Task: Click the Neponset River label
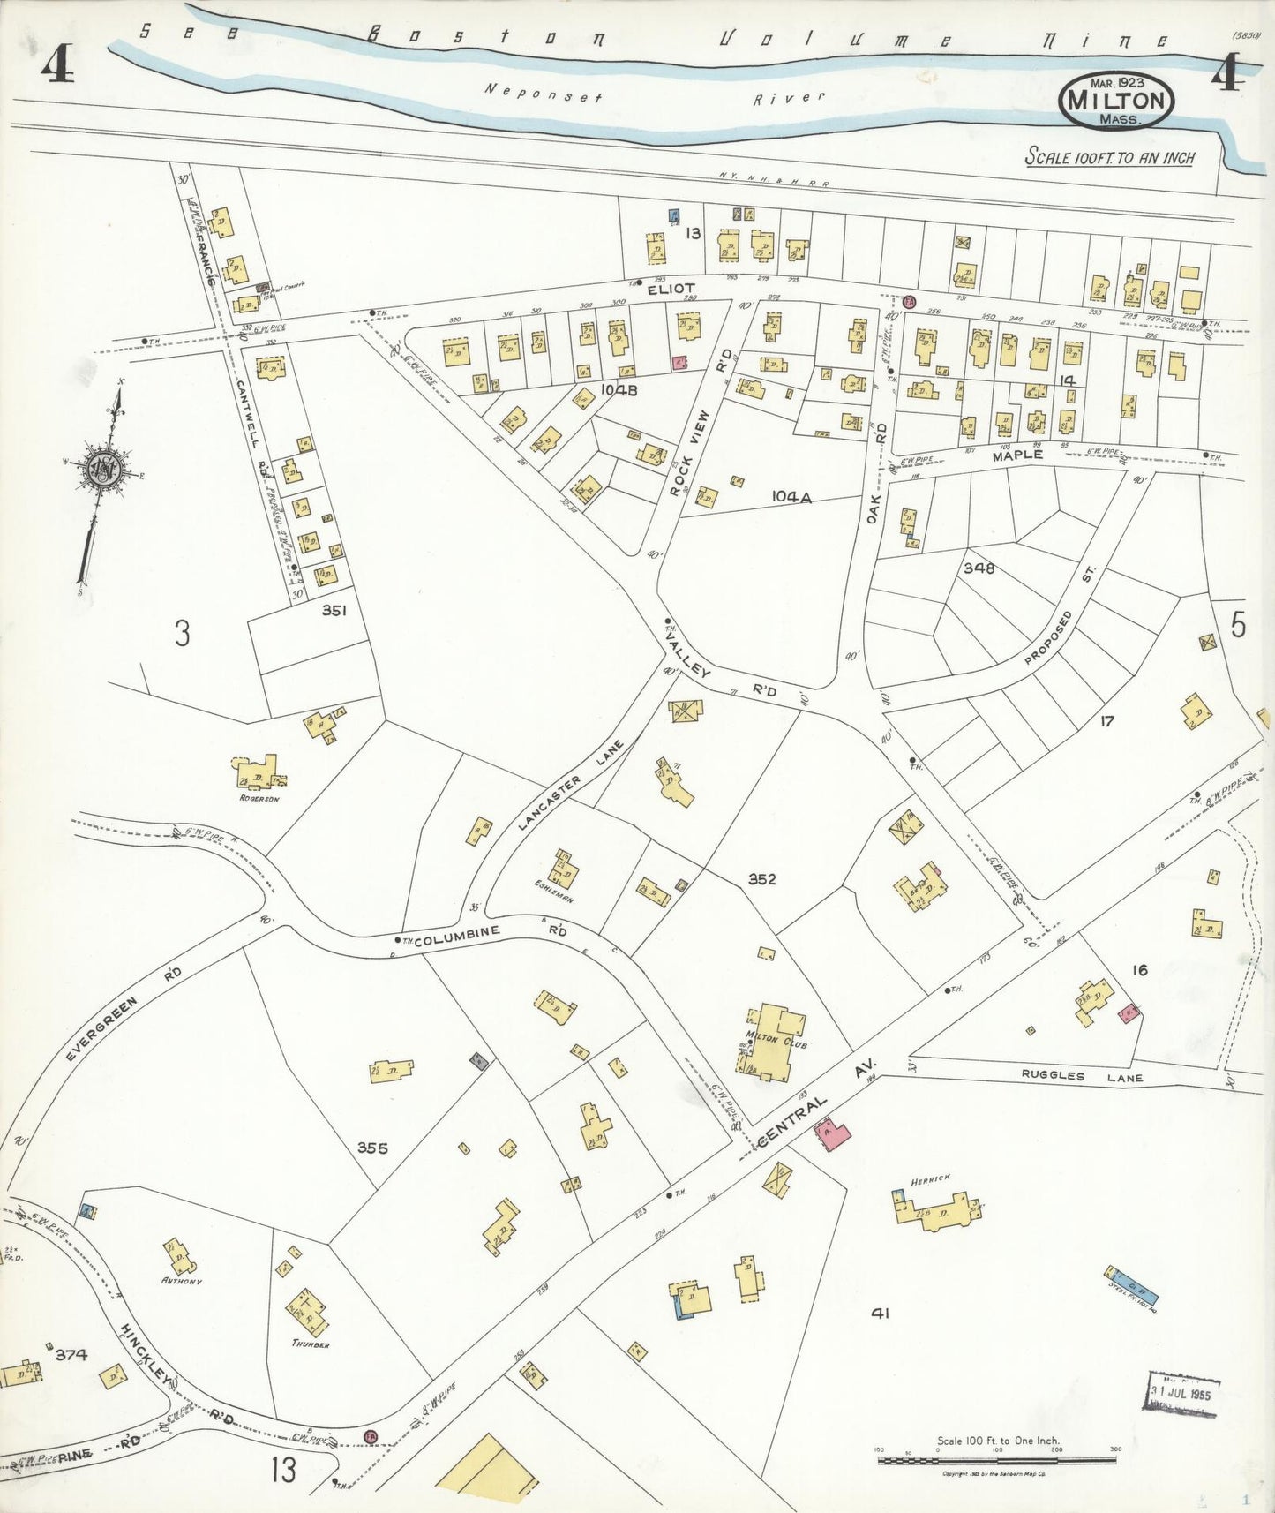tap(654, 94)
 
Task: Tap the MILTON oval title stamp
tap(1117, 99)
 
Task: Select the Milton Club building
tap(774, 1042)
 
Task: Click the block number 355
tap(373, 1148)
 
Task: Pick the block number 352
tap(761, 878)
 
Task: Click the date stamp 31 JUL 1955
tap(1184, 1396)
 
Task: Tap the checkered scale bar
tap(998, 1460)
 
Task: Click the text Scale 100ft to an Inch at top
tap(1109, 158)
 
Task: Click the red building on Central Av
tap(832, 1134)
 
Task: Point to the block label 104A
tap(791, 497)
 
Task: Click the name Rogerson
tap(259, 799)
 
